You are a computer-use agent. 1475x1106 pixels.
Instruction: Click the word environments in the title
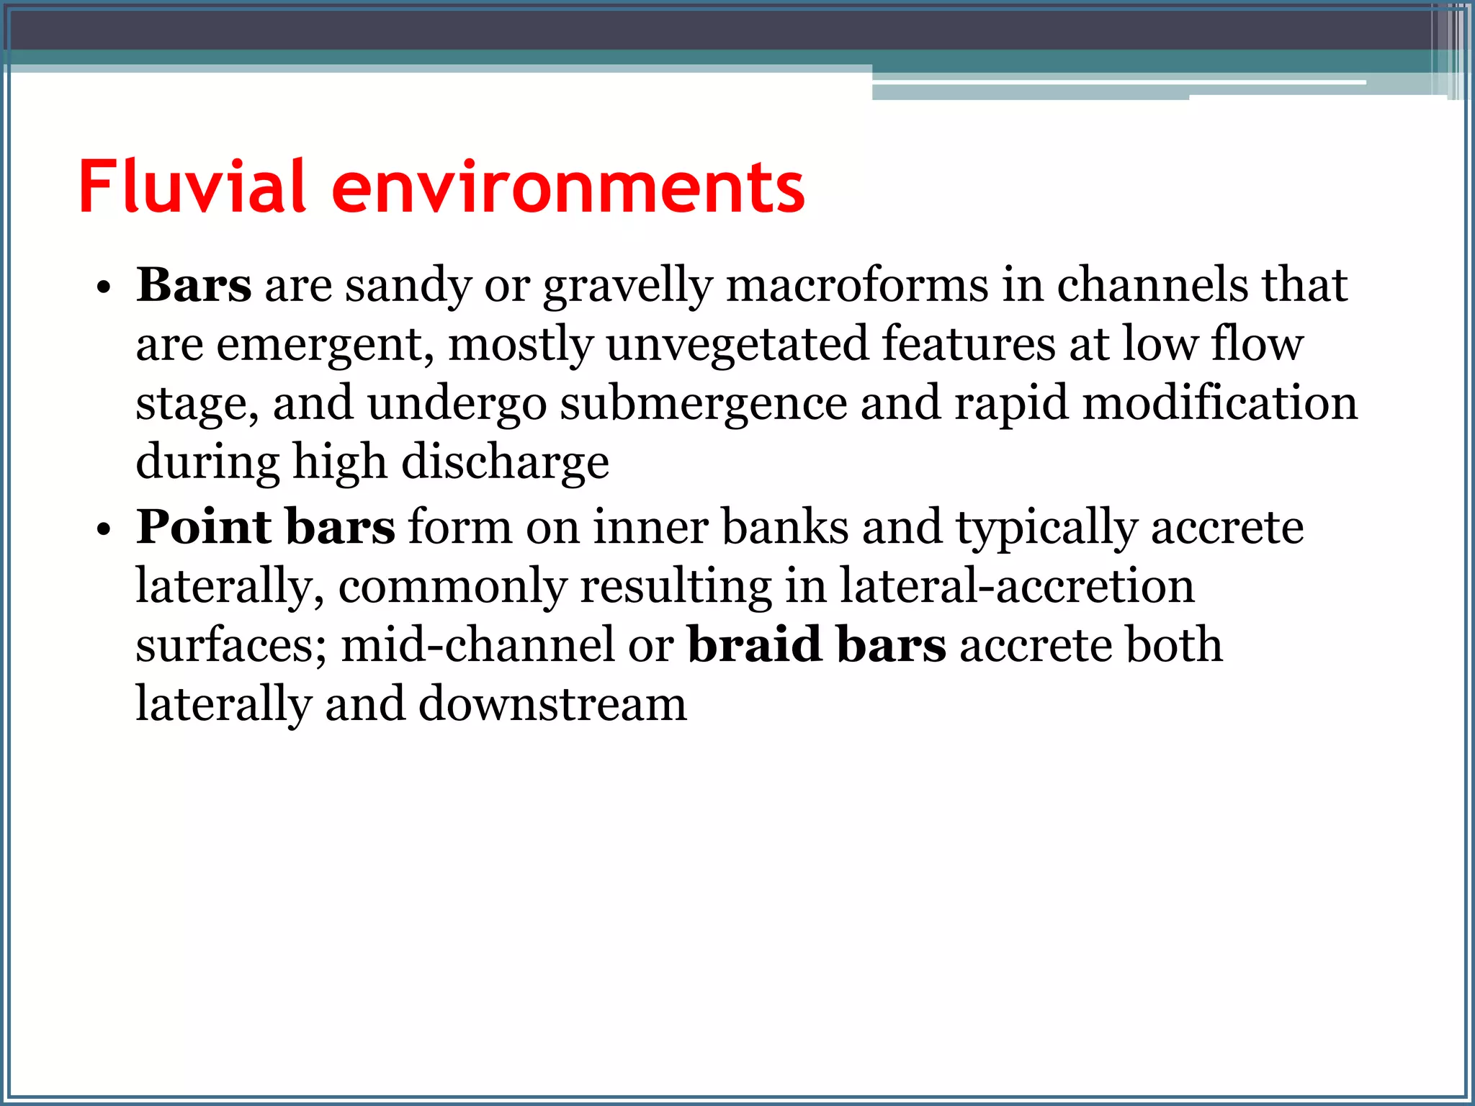pyautogui.click(x=568, y=189)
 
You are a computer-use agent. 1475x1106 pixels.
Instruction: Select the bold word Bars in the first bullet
pyautogui.click(x=194, y=285)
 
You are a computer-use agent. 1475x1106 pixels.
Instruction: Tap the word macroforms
pyautogui.click(x=857, y=285)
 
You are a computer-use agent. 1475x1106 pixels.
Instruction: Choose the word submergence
pyautogui.click(x=704, y=405)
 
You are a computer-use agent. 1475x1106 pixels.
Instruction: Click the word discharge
pyautogui.click(x=505, y=463)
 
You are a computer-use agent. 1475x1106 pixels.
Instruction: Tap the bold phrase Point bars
pyautogui.click(x=266, y=527)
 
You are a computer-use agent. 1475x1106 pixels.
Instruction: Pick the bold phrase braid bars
pyautogui.click(x=817, y=644)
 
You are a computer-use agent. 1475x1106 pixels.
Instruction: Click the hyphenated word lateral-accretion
pyautogui.click(x=1017, y=585)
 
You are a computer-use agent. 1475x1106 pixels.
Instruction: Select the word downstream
pyautogui.click(x=552, y=704)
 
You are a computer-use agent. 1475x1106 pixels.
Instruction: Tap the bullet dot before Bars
pyautogui.click(x=104, y=289)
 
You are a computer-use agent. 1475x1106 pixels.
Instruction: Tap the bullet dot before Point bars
pyautogui.click(x=104, y=531)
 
